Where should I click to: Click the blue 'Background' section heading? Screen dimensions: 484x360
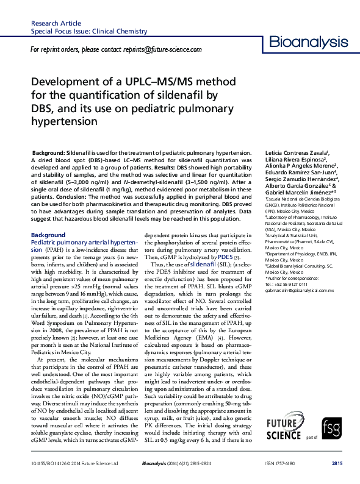point(48,235)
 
